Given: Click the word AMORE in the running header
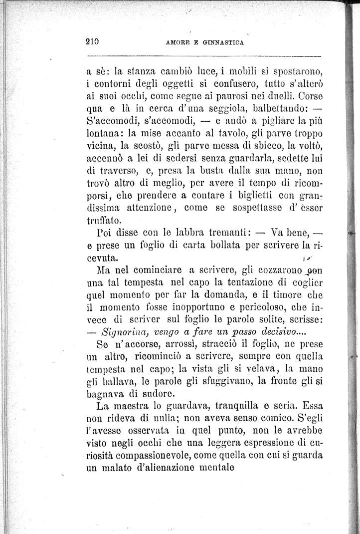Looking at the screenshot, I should point(177,43).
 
